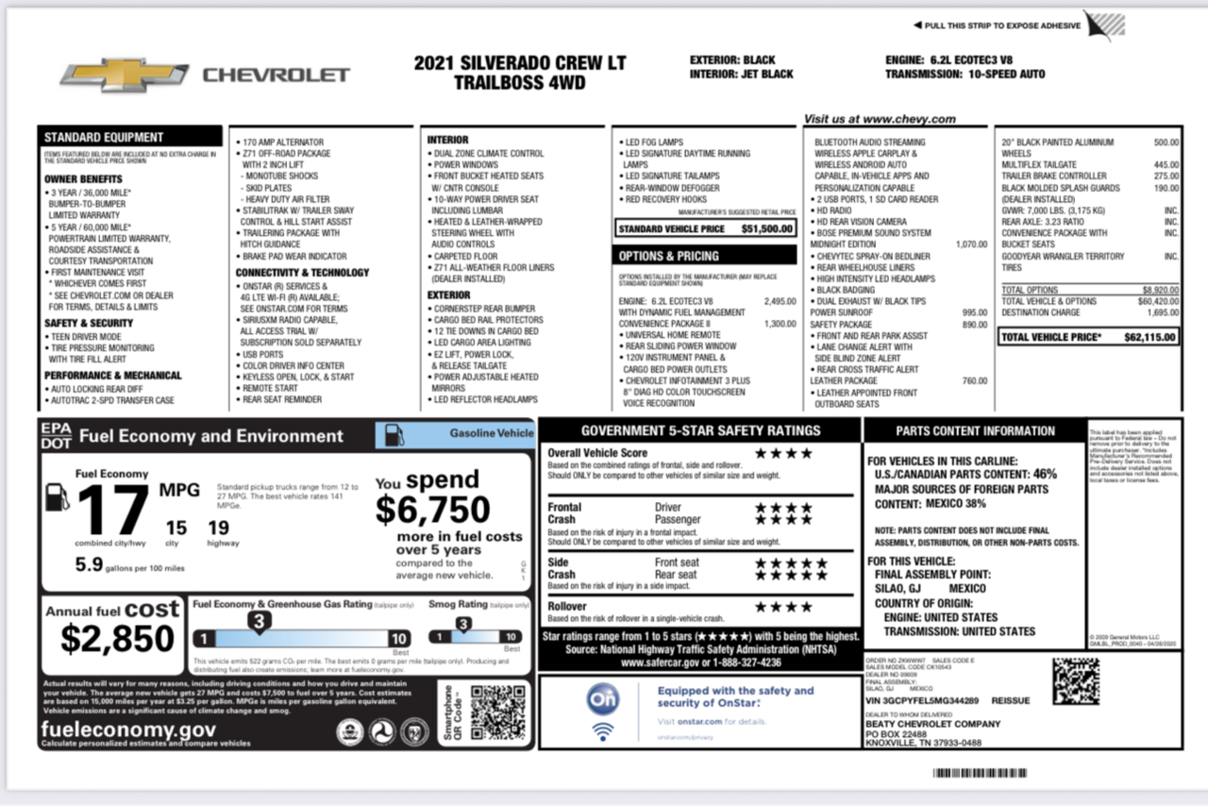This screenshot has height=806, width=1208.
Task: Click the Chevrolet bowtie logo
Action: tap(125, 76)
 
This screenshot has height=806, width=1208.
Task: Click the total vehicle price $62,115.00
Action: tap(1149, 336)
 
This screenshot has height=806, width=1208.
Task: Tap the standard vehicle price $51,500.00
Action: tap(767, 228)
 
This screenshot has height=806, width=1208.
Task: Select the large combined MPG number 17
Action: tap(114, 510)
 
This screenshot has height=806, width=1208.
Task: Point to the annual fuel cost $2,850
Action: tap(117, 639)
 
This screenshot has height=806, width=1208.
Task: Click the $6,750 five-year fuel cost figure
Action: tap(432, 510)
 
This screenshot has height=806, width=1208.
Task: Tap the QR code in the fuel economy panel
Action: tap(497, 713)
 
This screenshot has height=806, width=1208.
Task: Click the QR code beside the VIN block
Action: tap(1076, 681)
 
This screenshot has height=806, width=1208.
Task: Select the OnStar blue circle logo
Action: tap(602, 698)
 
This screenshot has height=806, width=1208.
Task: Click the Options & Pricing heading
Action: tap(669, 256)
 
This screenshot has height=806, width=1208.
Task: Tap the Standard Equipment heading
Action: tap(104, 137)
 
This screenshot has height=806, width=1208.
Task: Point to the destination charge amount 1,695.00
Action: tap(1163, 311)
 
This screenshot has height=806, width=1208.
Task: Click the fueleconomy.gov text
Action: tap(128, 730)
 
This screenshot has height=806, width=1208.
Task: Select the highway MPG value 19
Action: tap(219, 528)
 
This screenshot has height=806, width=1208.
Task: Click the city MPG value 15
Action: tap(176, 528)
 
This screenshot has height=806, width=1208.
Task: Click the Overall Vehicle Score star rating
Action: tap(783, 453)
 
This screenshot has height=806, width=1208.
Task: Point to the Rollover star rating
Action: tap(783, 607)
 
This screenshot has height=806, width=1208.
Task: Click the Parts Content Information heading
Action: tap(975, 431)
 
